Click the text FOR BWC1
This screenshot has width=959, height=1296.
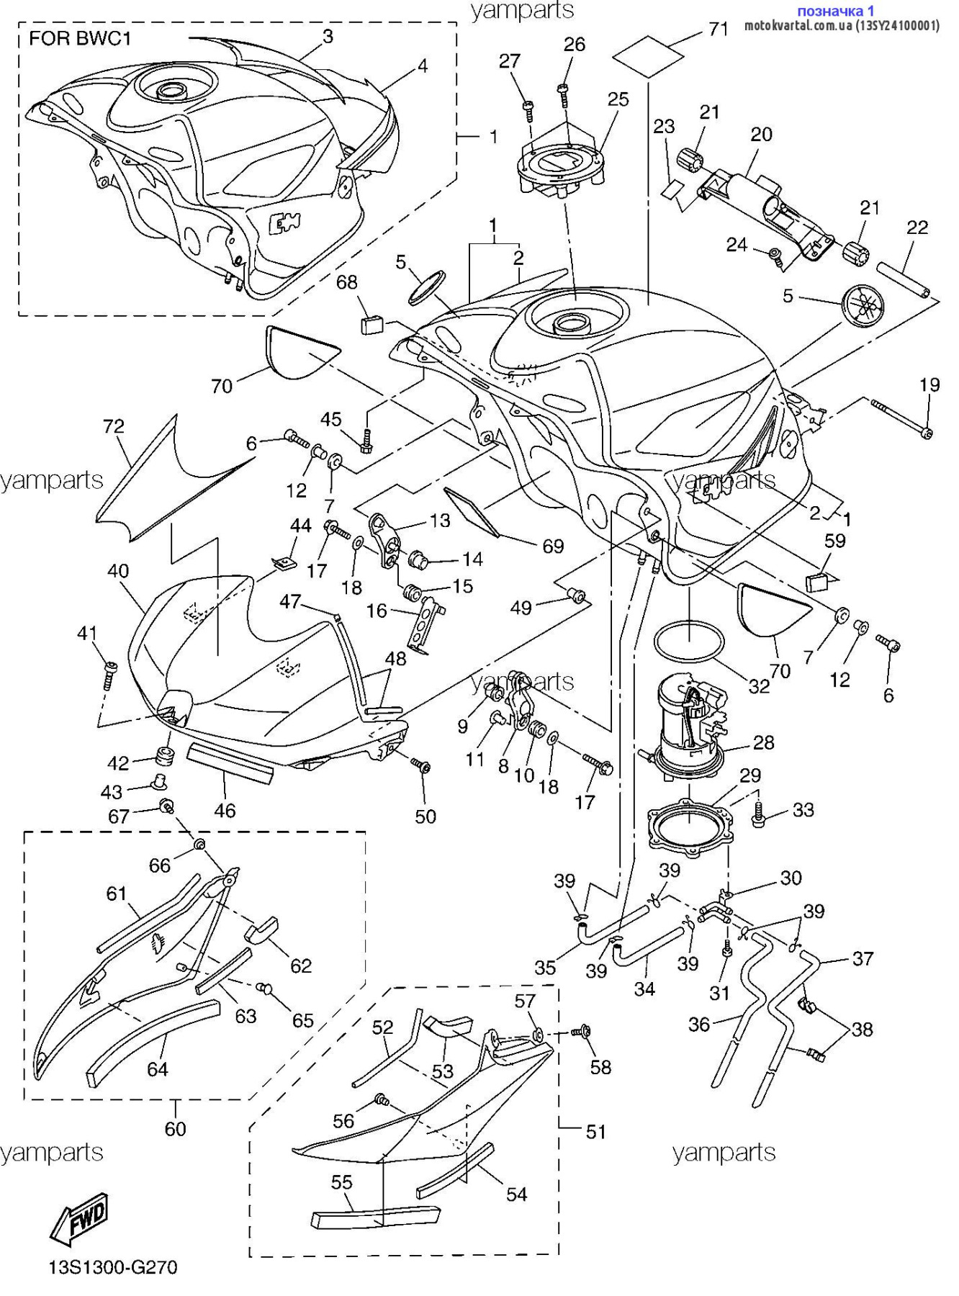80,38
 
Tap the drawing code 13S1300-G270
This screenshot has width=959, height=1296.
113,1267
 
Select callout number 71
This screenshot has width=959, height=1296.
719,30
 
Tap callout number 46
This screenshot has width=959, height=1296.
225,810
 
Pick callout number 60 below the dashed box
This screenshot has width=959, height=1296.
175,1128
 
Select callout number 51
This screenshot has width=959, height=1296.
595,1131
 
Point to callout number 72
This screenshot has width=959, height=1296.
114,426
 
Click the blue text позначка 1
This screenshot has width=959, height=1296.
836,11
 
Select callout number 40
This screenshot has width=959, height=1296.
118,571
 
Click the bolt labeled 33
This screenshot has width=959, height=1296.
759,814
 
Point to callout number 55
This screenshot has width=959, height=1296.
342,1182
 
